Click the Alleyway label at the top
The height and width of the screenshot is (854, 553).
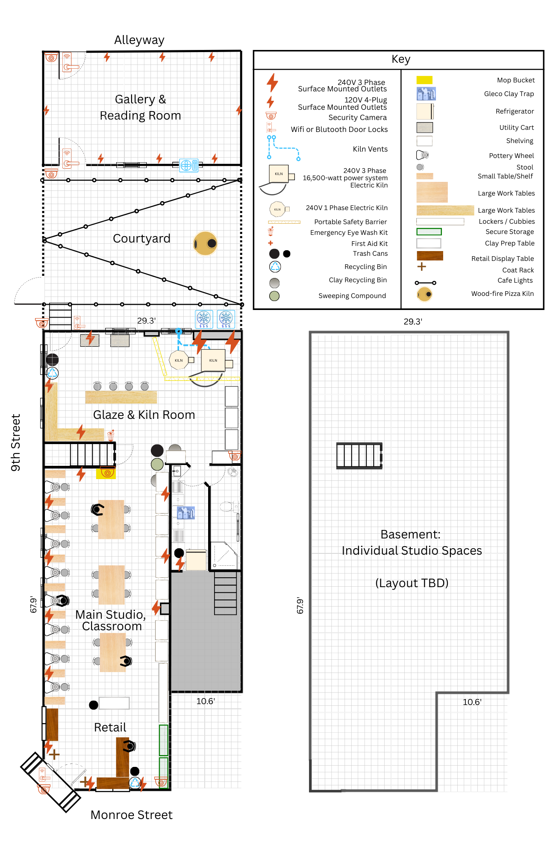139,40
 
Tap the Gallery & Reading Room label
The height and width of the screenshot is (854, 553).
140,107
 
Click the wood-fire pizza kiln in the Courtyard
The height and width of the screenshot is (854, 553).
206,243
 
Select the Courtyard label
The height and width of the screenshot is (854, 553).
141,238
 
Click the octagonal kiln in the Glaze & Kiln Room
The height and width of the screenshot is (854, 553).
179,360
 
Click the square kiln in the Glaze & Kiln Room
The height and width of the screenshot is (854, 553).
213,360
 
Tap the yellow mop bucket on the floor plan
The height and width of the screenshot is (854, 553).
106,473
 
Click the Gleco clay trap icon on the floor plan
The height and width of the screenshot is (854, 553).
186,513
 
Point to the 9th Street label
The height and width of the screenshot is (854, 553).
16,442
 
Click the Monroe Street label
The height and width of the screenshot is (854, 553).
131,815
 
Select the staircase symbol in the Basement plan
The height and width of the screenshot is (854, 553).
359,456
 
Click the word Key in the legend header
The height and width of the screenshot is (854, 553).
400,59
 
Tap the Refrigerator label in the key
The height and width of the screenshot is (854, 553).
515,111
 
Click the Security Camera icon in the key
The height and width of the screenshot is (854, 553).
271,116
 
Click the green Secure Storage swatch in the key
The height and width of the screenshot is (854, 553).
429,231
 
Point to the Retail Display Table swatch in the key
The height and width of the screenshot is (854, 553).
429,256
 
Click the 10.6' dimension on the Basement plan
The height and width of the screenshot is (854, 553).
472,702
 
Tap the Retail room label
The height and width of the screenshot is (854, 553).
110,727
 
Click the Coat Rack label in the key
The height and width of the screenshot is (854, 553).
518,270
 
